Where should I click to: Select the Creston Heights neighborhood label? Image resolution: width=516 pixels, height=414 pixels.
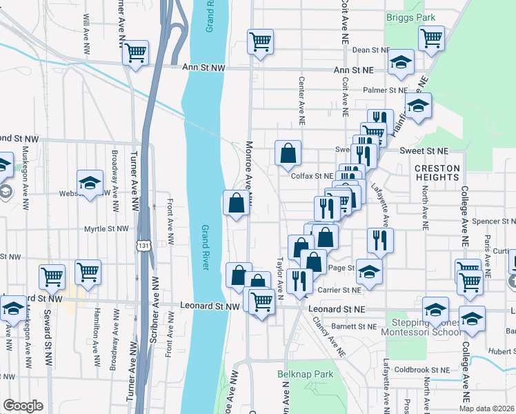437,172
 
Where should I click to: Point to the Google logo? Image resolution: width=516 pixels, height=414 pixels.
23,406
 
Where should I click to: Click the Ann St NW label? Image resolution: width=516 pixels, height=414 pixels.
204,68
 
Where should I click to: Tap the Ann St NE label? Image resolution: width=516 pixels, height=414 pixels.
353,70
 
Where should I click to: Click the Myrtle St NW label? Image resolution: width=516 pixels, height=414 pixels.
106,228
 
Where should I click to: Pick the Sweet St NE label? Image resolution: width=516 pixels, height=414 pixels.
426,150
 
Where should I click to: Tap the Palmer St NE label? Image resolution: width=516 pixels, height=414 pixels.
386,90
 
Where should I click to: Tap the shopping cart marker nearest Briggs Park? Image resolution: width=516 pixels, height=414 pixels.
431,39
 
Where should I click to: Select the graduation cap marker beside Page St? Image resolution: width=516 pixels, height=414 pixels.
370,271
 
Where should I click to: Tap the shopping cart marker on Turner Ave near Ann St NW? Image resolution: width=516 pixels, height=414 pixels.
136,52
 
